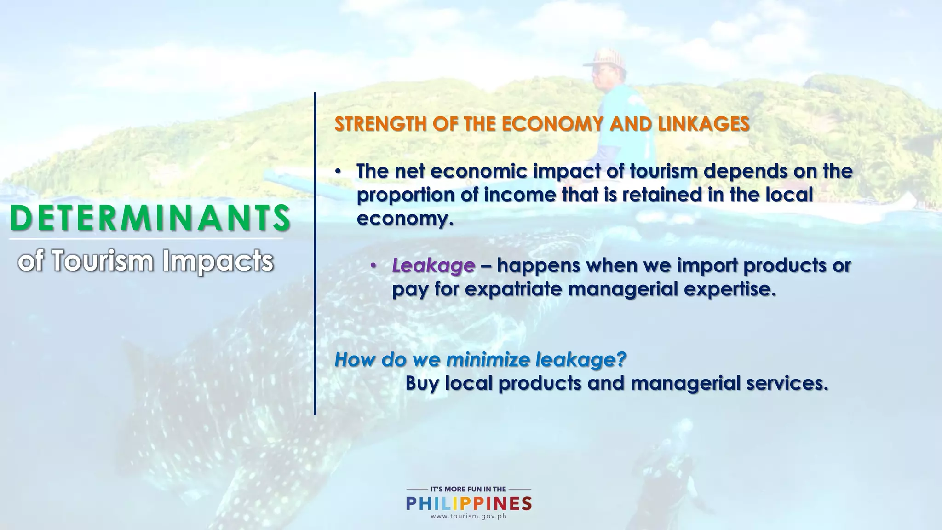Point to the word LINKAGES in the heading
pos(704,124)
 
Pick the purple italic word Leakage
pos(433,266)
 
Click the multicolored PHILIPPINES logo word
pos(469,504)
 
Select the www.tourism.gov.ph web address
pos(468,516)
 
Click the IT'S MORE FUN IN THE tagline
pos(468,489)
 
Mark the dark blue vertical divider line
pos(315,253)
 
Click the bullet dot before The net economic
pos(338,172)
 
